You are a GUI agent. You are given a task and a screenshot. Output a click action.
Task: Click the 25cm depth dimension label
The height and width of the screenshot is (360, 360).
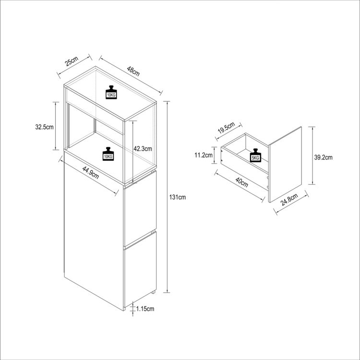(x=72, y=61)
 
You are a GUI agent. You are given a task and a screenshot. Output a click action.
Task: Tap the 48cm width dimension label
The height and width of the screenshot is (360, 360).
(x=133, y=71)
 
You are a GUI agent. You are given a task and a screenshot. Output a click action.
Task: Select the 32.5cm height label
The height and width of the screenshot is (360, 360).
(x=44, y=127)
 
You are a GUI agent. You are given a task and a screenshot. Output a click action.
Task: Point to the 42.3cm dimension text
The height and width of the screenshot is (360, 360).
(x=143, y=148)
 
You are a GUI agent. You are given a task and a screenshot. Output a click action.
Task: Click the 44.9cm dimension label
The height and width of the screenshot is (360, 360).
(x=91, y=172)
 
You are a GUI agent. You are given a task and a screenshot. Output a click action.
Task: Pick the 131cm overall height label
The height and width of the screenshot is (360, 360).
(x=178, y=197)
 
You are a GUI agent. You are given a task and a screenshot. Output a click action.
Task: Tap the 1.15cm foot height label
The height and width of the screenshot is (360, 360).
(x=145, y=309)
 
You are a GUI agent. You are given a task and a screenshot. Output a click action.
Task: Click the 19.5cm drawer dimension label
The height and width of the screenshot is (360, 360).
(x=227, y=128)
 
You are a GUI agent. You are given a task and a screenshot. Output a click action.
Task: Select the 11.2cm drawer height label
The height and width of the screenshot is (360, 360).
(x=204, y=155)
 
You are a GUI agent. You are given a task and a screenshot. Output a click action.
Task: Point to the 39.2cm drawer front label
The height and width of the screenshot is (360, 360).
(x=323, y=157)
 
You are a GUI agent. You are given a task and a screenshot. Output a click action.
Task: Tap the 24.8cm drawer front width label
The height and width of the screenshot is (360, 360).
(x=289, y=199)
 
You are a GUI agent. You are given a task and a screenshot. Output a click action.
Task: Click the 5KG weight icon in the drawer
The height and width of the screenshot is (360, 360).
(x=255, y=156)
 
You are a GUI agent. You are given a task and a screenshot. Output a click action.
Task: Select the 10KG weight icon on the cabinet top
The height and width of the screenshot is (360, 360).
(x=111, y=92)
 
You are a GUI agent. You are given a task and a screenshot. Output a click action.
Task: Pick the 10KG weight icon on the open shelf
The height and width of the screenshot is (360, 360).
(x=108, y=154)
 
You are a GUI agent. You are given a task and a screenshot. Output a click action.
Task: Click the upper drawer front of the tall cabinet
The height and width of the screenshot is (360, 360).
(x=140, y=208)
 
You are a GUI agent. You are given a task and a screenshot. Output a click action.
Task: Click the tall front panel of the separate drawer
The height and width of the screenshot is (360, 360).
(x=285, y=164)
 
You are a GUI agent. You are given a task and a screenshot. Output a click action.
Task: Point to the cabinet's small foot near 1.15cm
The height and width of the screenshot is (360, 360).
(x=153, y=292)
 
